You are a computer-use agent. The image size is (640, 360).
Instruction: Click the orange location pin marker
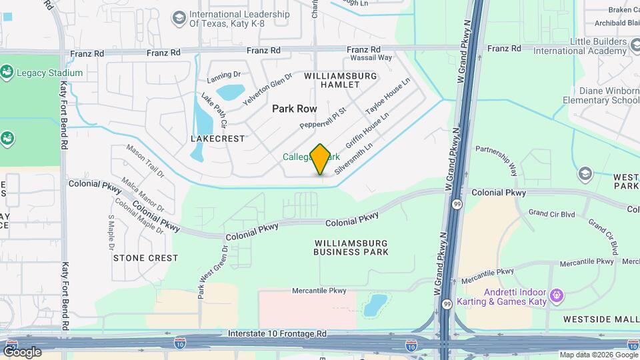coord(321,159)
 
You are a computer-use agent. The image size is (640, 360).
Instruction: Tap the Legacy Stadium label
coord(50,73)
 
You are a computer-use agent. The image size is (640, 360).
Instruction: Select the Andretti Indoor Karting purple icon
coord(558,294)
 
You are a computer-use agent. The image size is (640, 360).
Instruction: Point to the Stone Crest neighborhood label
coord(145,257)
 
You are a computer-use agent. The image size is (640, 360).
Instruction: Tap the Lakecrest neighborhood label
coord(217,139)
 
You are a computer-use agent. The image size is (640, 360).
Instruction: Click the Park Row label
coord(295,108)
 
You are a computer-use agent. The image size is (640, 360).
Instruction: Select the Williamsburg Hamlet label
coord(340,81)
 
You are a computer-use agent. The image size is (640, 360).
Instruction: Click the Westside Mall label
coord(601,319)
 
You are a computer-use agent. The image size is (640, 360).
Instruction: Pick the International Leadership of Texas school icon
coord(179,18)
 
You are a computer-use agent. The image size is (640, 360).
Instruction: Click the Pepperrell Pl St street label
coord(323,117)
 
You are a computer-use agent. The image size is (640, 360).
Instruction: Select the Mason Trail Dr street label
coord(145,161)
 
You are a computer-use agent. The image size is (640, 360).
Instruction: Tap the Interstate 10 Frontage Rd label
coord(277,333)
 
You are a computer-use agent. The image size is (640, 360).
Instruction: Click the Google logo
coord(21,351)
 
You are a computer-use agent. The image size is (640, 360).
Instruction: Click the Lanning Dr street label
coord(223,75)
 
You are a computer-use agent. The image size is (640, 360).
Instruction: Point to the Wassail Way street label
coord(366,58)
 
